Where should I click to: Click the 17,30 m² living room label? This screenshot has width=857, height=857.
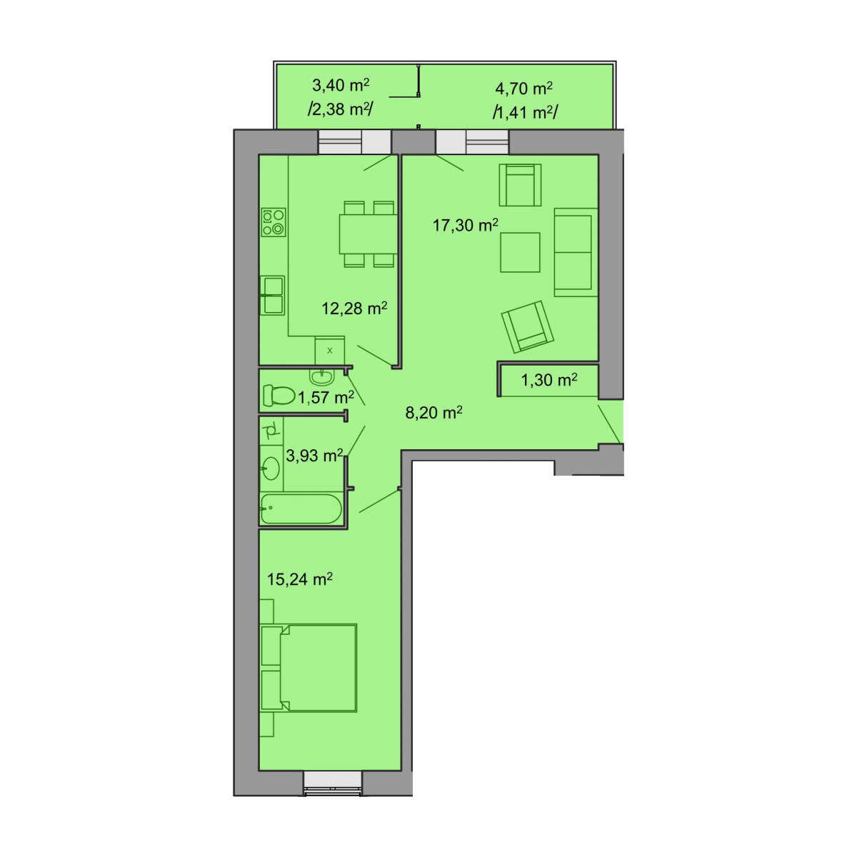pos(465,225)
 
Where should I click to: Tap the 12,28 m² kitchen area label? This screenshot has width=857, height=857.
pos(354,308)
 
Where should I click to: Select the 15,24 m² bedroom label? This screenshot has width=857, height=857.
pos(299,578)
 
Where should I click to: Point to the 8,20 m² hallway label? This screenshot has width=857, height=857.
pos(433,412)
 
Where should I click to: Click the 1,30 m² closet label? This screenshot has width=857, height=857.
pos(548,380)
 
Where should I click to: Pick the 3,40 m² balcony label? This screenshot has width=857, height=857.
pos(340,84)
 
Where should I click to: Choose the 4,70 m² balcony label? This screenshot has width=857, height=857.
pos(523,88)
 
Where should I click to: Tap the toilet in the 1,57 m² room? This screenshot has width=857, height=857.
pos(279,395)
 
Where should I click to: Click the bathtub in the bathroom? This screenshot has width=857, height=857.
pos(301,508)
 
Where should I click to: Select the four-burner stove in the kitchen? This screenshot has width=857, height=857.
pos(273,222)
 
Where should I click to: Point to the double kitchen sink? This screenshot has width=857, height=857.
pos(273,296)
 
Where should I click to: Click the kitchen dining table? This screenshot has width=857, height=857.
pos(369,234)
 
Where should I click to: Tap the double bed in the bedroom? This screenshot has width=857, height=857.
pos(309,667)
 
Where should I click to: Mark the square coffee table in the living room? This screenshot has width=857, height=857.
pos(520,252)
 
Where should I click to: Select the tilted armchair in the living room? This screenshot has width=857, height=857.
pos(528,327)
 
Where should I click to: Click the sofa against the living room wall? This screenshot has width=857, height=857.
pos(576,252)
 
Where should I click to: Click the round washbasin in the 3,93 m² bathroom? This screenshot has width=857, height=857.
pos(271,468)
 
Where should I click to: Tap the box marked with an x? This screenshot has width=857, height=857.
pos(329,351)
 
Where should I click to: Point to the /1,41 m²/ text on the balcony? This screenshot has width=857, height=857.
pos(525,113)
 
